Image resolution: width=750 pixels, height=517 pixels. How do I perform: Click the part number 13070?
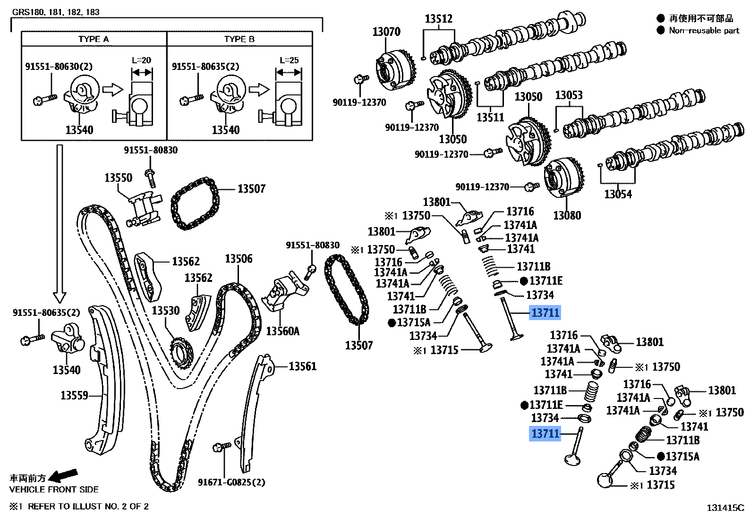click(x=386, y=32)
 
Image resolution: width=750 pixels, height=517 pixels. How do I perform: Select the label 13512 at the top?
click(x=438, y=19)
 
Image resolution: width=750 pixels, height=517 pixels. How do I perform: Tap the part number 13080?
click(x=567, y=216)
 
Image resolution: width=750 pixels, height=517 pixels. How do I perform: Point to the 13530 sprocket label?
click(x=166, y=311)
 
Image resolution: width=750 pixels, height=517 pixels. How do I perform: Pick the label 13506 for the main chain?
click(x=239, y=259)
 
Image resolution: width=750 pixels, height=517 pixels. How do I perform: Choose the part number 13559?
click(x=74, y=395)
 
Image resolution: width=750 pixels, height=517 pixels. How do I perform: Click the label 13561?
click(x=303, y=366)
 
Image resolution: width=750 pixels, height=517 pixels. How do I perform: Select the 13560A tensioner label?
click(x=283, y=331)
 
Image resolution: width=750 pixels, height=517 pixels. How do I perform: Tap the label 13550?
click(x=119, y=178)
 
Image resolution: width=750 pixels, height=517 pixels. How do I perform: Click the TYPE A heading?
click(x=94, y=39)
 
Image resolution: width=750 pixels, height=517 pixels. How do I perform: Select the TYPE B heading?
click(x=239, y=39)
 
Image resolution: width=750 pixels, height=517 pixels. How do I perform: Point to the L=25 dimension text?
click(x=289, y=60)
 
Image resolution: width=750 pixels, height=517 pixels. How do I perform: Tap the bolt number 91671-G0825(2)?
click(x=231, y=482)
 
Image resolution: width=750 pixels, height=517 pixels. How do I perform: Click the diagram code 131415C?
click(x=725, y=508)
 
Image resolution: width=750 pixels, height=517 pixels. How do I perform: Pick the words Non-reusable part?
click(x=704, y=30)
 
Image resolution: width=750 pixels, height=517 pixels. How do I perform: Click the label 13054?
click(x=618, y=194)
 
